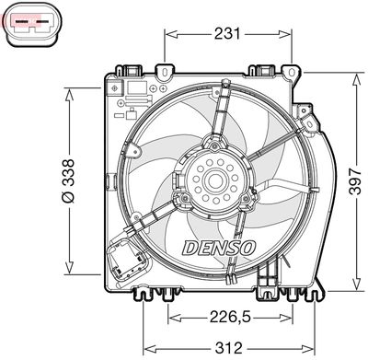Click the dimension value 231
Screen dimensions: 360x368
pos(226,34)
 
